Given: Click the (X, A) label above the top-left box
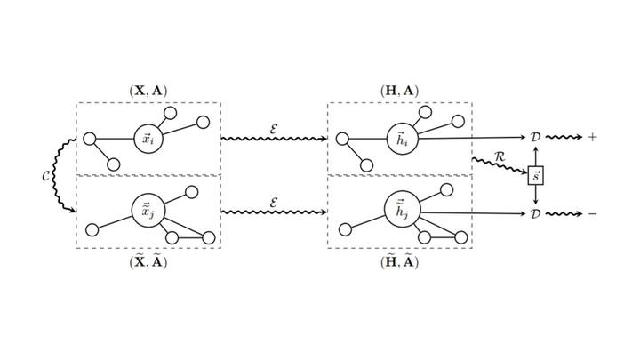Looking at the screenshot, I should click(148, 90).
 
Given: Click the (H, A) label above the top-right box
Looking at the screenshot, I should click(400, 90).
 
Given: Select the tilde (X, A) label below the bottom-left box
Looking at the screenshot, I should click(148, 261).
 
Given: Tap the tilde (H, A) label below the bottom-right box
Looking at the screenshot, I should click(400, 261).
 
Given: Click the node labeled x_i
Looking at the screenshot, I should click(148, 139).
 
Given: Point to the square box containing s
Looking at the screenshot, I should click(535, 175).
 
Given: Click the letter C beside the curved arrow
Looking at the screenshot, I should click(46, 176).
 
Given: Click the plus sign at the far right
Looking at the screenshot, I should click(592, 138).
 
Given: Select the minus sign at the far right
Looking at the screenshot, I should click(592, 214).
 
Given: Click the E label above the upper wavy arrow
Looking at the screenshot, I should click(274, 126).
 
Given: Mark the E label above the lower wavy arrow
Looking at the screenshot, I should click(274, 201).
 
